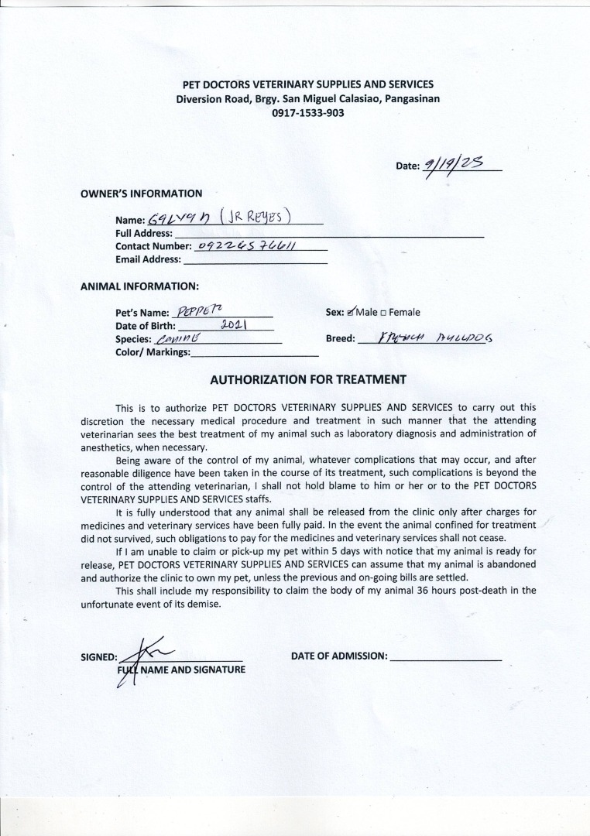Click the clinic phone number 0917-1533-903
coord(308,113)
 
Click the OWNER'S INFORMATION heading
coord(142,194)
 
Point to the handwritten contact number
coord(249,245)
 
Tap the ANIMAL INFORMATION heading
coord(140,286)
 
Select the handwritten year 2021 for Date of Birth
coord(233,325)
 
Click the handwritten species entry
coord(177,339)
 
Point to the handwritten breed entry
coord(437,338)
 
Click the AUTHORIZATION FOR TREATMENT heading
coord(308,379)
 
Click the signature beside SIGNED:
coord(143,654)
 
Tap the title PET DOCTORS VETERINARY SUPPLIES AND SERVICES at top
coord(308,84)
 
